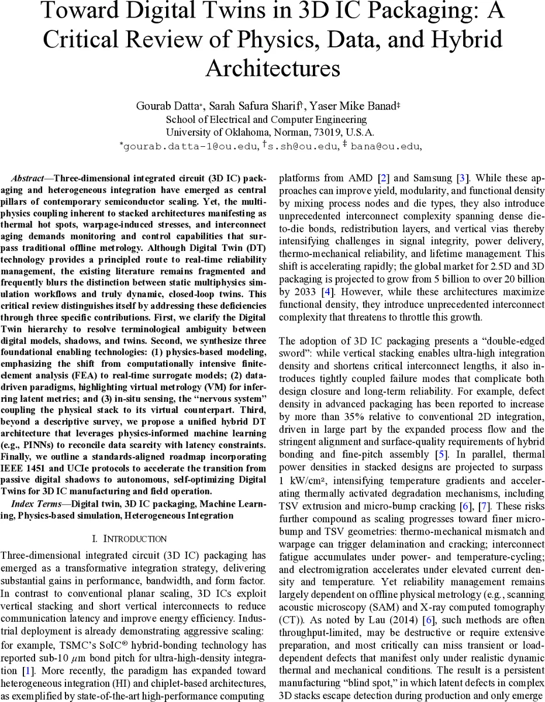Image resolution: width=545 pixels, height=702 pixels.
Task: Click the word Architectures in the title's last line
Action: coord(272,68)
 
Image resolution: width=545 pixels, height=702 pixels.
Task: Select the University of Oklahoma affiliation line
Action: coord(270,132)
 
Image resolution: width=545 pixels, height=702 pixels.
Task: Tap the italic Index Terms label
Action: coord(35,504)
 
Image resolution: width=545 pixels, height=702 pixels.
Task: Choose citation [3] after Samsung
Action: coord(461,178)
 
